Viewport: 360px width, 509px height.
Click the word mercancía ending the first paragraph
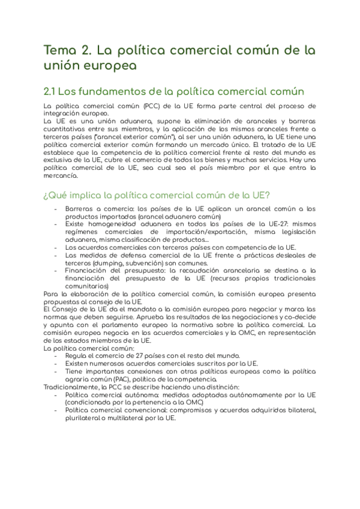(x=61, y=176)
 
